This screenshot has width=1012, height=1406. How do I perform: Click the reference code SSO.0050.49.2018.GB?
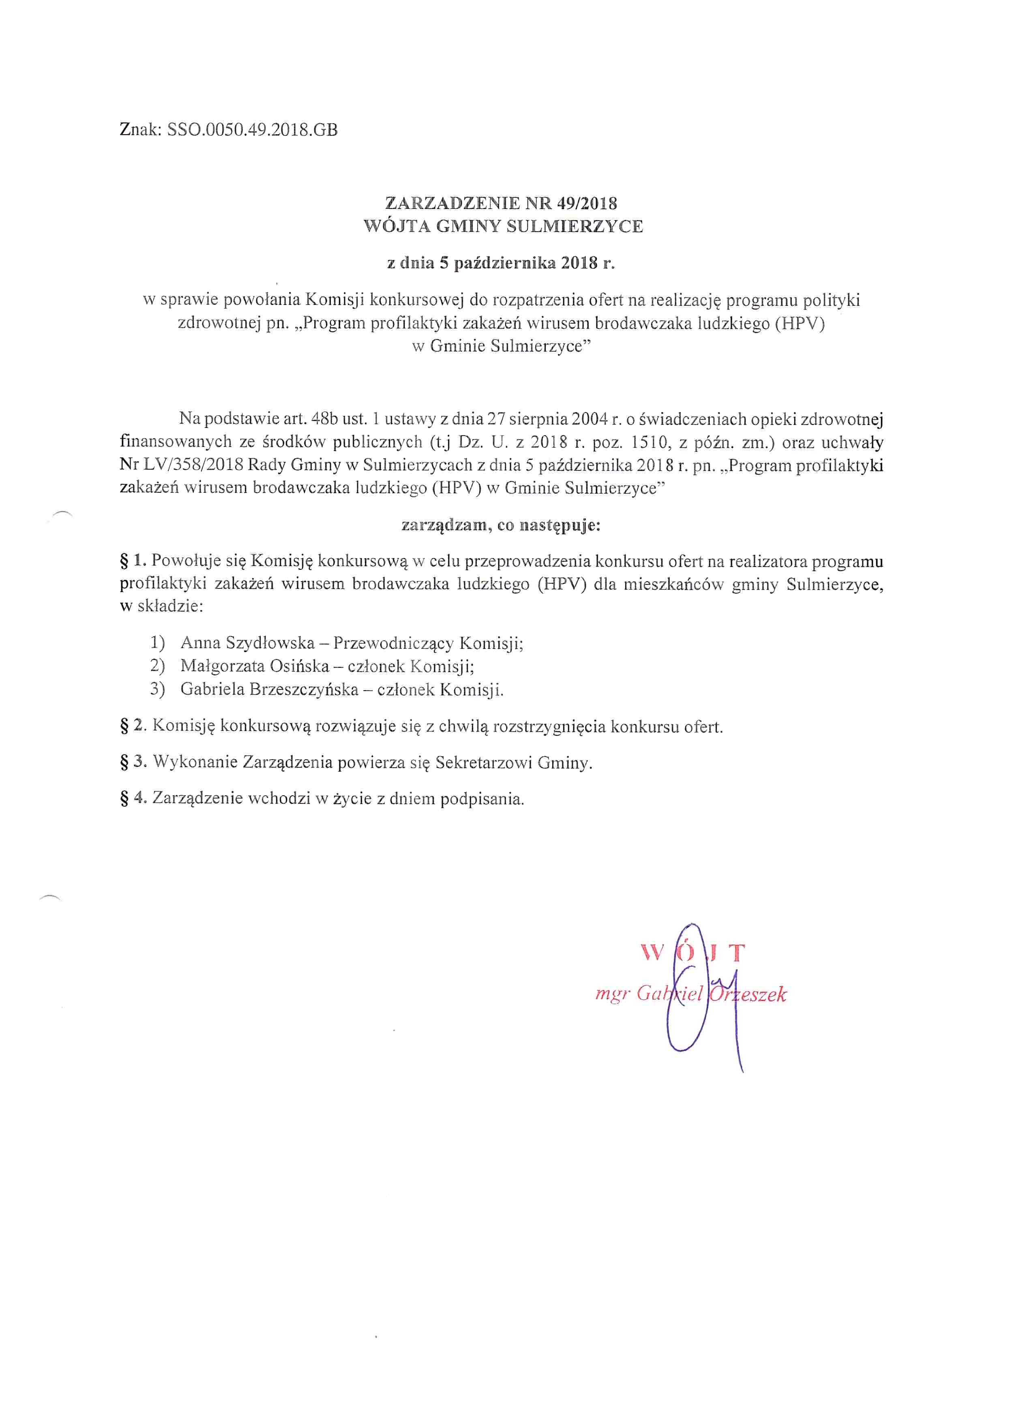[x=252, y=130]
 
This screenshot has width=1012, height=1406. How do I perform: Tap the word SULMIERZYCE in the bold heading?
[x=575, y=226]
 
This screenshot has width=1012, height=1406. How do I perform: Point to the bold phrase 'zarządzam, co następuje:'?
[x=501, y=525]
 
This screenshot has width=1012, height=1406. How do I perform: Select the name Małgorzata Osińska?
[x=255, y=666]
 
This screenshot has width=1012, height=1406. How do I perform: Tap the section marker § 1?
[x=133, y=561]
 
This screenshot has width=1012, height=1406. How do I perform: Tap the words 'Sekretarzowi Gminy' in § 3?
[x=513, y=762]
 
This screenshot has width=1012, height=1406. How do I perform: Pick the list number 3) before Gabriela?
[x=157, y=689]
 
